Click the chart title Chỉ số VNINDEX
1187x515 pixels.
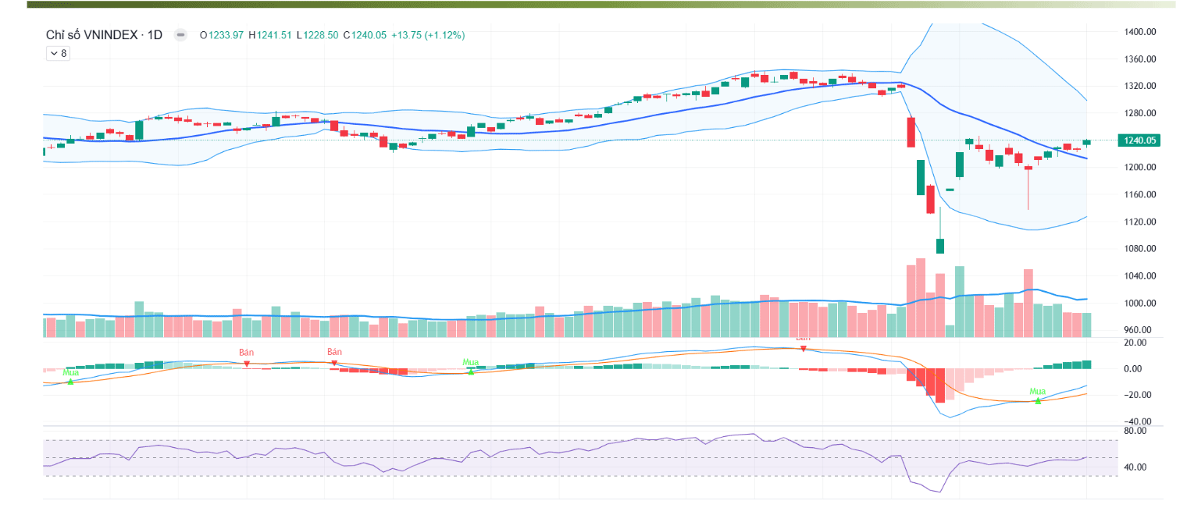(92, 35)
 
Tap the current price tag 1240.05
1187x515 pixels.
(1140, 140)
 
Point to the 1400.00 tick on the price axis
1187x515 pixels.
(1139, 32)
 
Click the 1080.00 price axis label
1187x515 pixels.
(1139, 249)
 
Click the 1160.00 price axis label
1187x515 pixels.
(1139, 194)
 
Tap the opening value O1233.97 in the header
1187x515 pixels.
(222, 35)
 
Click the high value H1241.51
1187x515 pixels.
(269, 35)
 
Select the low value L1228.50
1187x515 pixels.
(317, 35)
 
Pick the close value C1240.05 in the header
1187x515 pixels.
(365, 35)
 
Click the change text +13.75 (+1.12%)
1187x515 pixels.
(428, 35)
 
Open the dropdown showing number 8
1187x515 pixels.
(58, 53)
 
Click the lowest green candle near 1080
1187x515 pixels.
(940, 246)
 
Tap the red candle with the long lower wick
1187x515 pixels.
(1028, 168)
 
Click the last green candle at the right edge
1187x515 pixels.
(1086, 142)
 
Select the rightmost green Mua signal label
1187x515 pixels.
(1037, 392)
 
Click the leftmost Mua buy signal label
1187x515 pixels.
(71, 372)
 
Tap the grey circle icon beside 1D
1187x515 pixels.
(180, 35)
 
